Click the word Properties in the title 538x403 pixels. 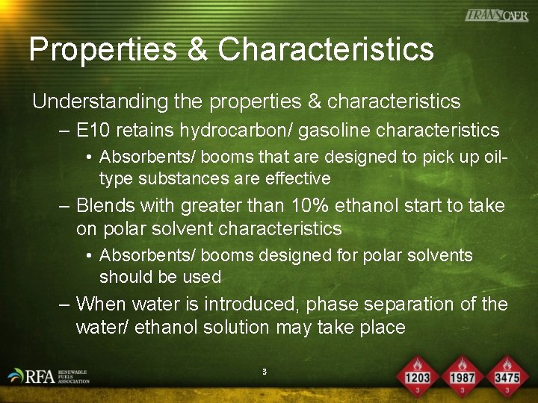tap(104, 50)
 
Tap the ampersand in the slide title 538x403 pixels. tap(198, 49)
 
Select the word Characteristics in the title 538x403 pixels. tap(326, 49)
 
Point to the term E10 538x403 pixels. tap(93, 131)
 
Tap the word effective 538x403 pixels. tap(295, 178)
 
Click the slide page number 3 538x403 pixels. tap(265, 371)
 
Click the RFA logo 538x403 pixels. tap(48, 375)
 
